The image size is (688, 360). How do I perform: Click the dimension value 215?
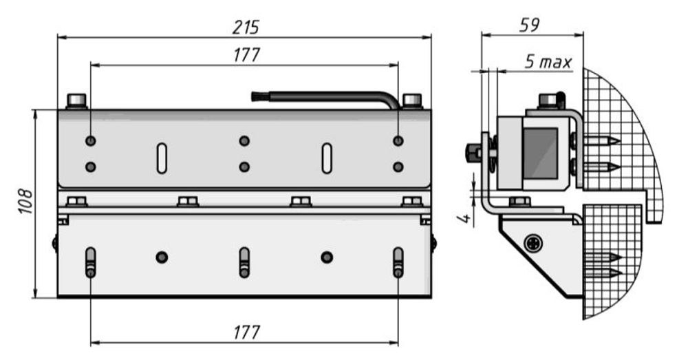point(246,28)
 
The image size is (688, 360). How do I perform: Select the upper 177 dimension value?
point(246,55)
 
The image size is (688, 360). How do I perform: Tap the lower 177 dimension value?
point(246,332)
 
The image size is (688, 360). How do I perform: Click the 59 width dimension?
point(530,24)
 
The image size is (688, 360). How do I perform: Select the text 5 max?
point(548,62)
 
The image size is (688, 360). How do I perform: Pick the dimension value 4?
point(466,220)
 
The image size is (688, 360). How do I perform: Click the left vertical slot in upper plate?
point(160,158)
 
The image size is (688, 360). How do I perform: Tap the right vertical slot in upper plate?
point(327,158)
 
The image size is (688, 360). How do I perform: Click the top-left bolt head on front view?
point(76,101)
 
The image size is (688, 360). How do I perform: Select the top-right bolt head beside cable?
point(411,101)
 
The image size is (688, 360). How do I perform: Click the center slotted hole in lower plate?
point(244,262)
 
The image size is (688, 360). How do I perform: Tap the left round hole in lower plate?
point(162,257)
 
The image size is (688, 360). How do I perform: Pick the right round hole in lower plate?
point(327,257)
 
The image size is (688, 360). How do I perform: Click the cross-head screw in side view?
point(534,243)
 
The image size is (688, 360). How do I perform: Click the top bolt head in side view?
point(548,103)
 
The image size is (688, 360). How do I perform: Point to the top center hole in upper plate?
point(244,141)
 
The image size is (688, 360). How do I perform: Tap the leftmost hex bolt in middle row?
point(77,202)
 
